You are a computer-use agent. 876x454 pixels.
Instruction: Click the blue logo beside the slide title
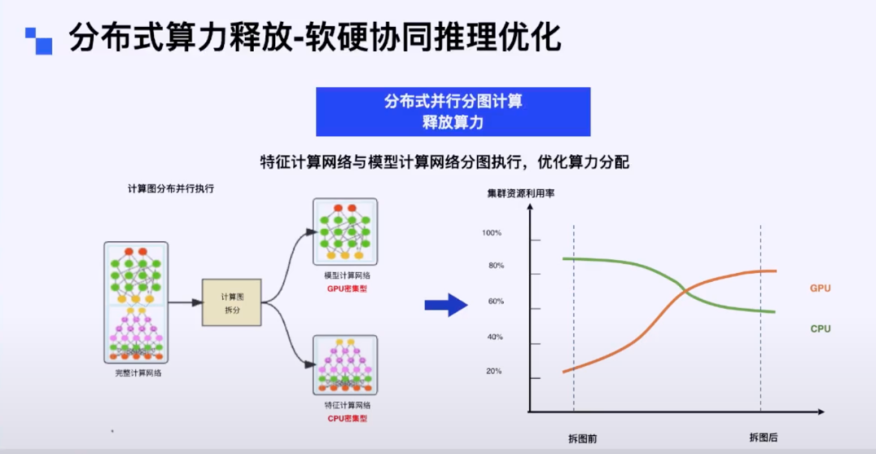pyautogui.click(x=38, y=41)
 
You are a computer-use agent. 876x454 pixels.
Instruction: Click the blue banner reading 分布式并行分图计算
pyautogui.click(x=453, y=111)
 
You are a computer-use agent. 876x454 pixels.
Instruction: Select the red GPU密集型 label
pyautogui.click(x=346, y=289)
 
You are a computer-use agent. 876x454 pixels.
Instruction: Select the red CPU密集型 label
pyautogui.click(x=347, y=419)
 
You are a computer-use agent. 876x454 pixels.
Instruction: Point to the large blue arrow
pyautogui.click(x=446, y=305)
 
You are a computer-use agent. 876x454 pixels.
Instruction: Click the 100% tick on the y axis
pyautogui.click(x=492, y=233)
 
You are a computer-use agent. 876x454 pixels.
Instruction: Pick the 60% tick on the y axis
pyautogui.click(x=494, y=302)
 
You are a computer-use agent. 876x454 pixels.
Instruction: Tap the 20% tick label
pyautogui.click(x=494, y=371)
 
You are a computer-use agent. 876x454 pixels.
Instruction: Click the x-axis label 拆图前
pyautogui.click(x=582, y=438)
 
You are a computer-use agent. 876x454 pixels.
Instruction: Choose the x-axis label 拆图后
pyautogui.click(x=763, y=438)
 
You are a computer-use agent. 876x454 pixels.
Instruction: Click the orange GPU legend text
pyautogui.click(x=820, y=288)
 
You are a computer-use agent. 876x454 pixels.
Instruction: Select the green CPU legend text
pyautogui.click(x=820, y=329)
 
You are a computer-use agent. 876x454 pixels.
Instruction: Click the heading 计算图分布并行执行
pyautogui.click(x=170, y=188)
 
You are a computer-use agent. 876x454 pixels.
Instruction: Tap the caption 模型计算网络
pyautogui.click(x=346, y=276)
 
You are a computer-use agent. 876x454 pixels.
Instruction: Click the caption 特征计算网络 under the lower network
pyautogui.click(x=347, y=405)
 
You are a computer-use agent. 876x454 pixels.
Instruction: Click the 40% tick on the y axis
pyautogui.click(x=494, y=337)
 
